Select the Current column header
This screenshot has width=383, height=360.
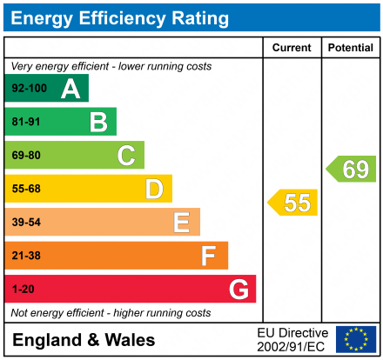pyautogui.click(x=292, y=48)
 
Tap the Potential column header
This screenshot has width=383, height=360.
pyautogui.click(x=349, y=48)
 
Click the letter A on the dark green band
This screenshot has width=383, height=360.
pyautogui.click(x=70, y=89)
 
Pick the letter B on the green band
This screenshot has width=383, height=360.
pyautogui.click(x=97, y=122)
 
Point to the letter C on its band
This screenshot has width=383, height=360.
pyautogui.click(x=126, y=156)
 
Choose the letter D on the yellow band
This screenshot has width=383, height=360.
pyautogui.click(x=154, y=189)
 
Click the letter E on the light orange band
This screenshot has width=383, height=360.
pyautogui.click(x=181, y=223)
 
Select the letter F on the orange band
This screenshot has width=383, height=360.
pyautogui.click(x=209, y=256)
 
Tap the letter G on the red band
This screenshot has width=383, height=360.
pyautogui.click(x=237, y=289)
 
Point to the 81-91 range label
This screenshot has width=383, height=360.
pyautogui.click(x=25, y=122)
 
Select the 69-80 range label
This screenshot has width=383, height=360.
pyautogui.click(x=25, y=156)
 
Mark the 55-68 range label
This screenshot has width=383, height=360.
pyautogui.click(x=25, y=189)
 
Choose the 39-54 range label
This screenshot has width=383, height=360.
pyautogui.click(x=25, y=223)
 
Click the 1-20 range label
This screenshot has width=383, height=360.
pyautogui.click(x=22, y=289)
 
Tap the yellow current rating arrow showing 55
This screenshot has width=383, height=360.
pyautogui.click(x=293, y=203)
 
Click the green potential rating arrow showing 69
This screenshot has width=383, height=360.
pyautogui.click(x=352, y=169)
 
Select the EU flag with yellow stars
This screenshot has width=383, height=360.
pyautogui.click(x=356, y=339)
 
